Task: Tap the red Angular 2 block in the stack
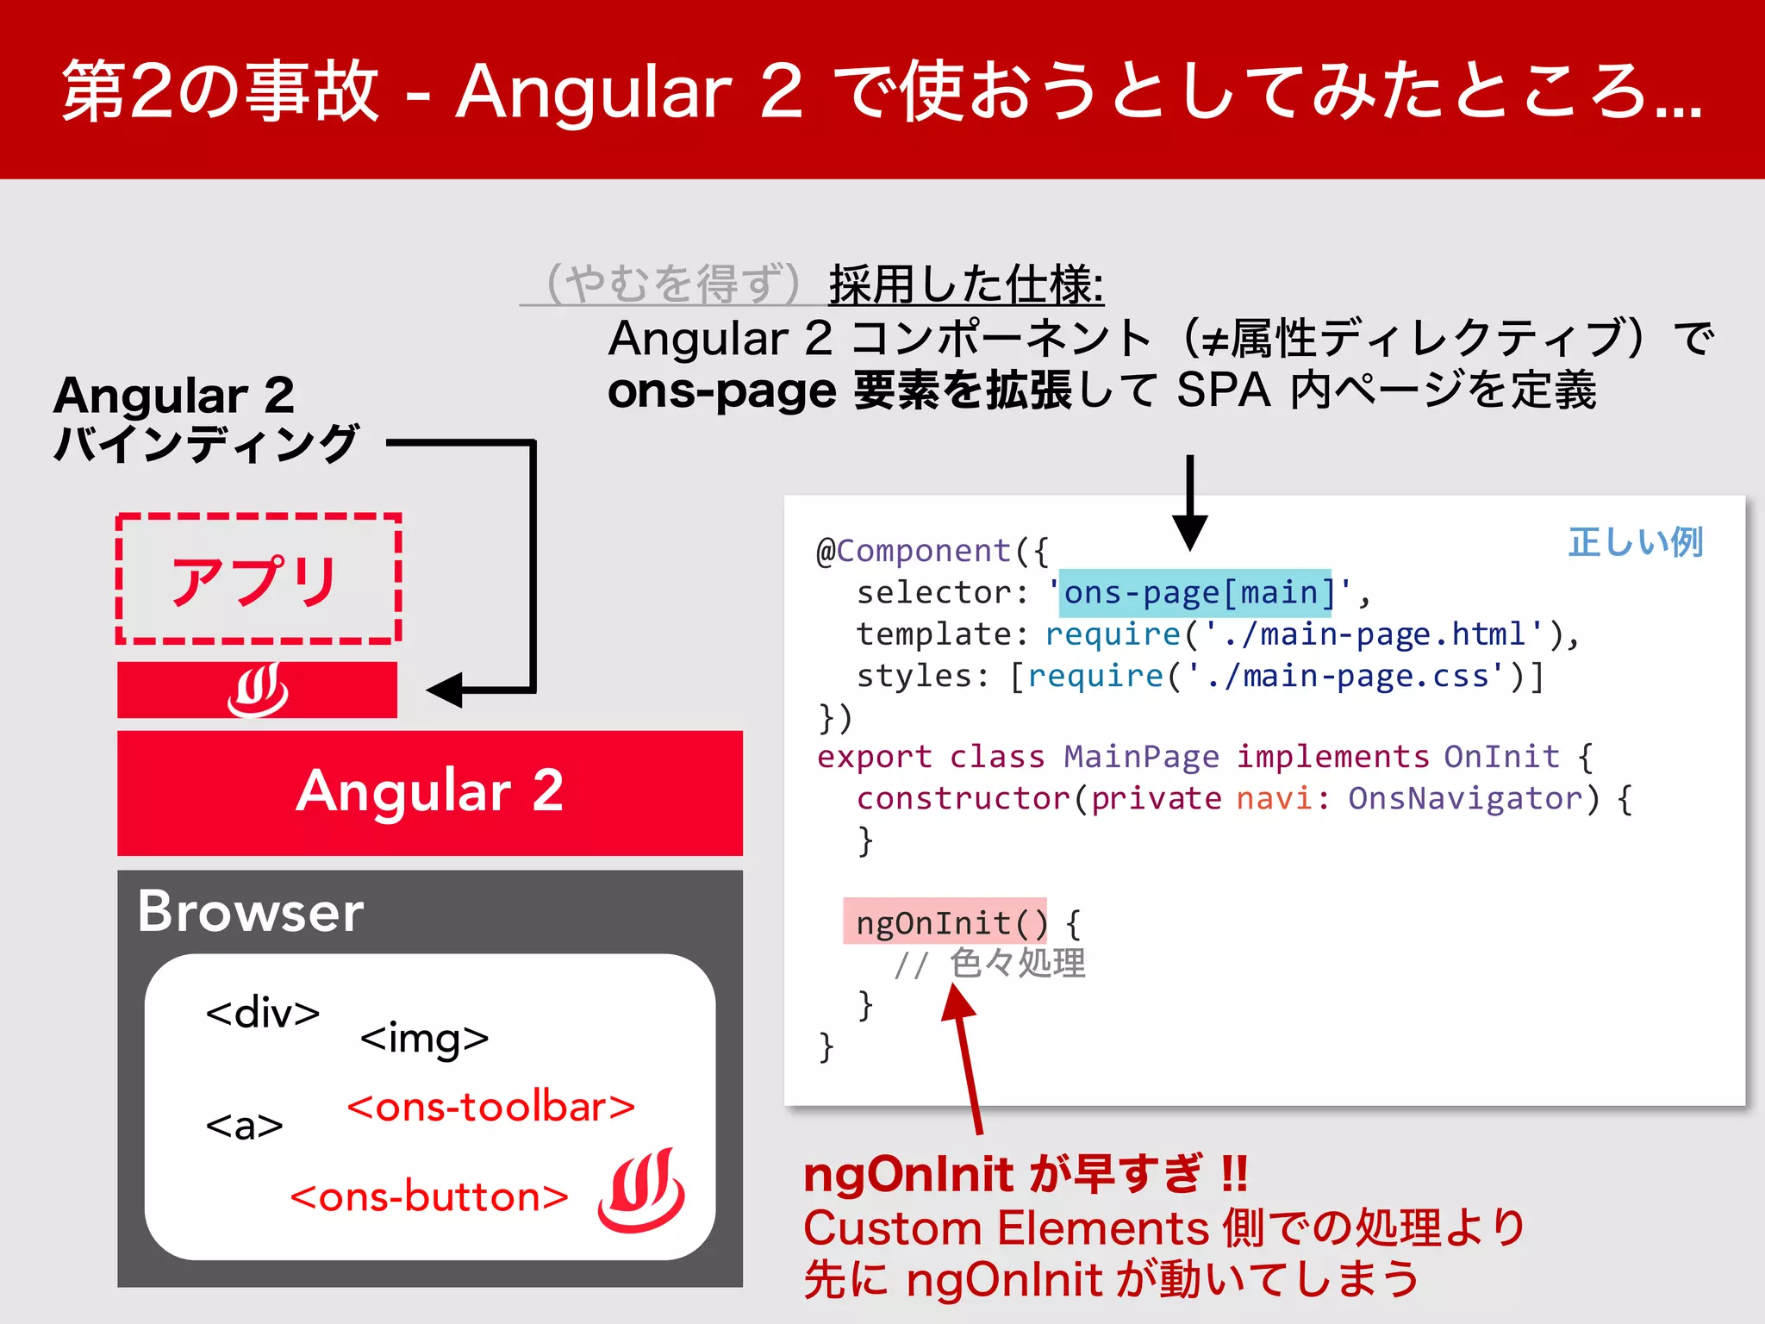point(429,791)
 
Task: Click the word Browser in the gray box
point(251,912)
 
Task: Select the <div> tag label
point(262,1012)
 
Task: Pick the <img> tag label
point(424,1038)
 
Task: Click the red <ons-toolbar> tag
point(490,1107)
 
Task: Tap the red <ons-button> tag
point(429,1197)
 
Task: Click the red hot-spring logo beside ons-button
point(641,1190)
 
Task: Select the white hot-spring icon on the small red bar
point(257,690)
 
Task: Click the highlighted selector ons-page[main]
point(1196,593)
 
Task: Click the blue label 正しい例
point(1635,542)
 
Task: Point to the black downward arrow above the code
point(1189,504)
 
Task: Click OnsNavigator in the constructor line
point(1465,799)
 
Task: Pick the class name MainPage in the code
point(1141,757)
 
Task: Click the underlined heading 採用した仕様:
point(965,284)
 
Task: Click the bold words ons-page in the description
point(721,391)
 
